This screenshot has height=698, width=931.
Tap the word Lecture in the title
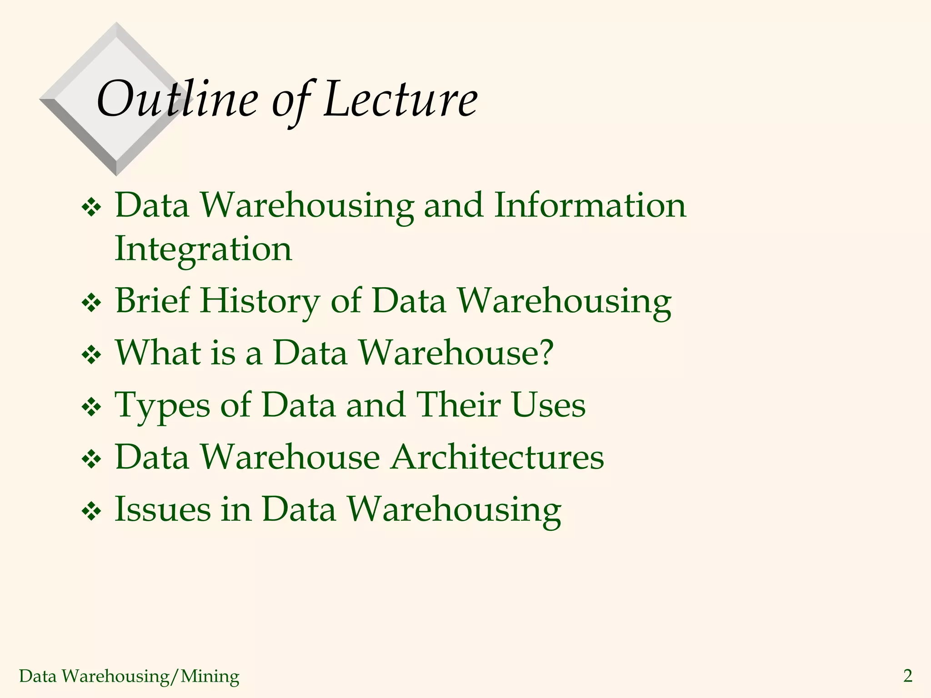400,99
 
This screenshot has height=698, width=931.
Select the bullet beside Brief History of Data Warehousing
91,303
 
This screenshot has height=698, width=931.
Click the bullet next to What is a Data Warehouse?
91,355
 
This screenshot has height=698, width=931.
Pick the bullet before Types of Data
91,407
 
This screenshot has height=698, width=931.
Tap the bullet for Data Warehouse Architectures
91,459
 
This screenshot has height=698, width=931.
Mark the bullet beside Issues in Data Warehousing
91,511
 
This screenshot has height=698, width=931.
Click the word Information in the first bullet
590,205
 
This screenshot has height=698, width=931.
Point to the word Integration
203,249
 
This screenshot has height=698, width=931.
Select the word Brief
153,300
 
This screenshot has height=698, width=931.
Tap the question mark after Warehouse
545,352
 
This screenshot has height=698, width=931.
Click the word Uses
548,404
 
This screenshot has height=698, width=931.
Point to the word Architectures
497,457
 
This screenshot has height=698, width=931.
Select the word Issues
163,509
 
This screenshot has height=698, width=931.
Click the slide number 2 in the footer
907,676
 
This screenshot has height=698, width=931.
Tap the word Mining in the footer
210,676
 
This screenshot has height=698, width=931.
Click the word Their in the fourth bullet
458,404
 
